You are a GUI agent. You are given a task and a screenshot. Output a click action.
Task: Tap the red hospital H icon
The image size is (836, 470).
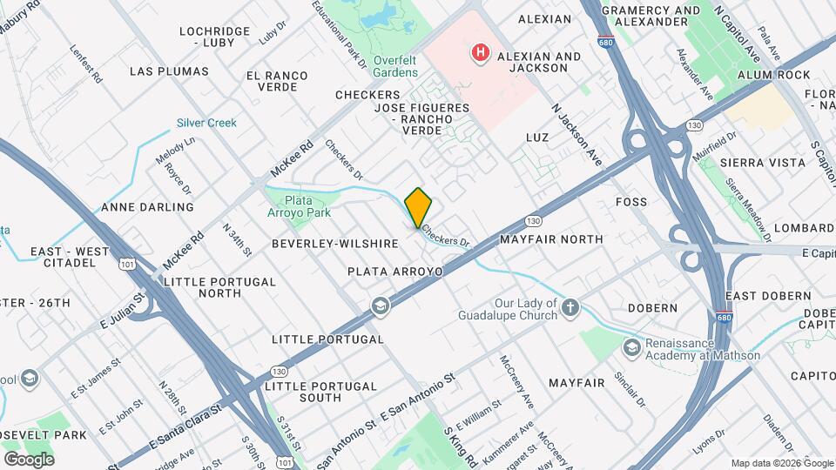[479, 54]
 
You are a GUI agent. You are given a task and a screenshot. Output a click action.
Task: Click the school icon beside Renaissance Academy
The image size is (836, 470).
[630, 348]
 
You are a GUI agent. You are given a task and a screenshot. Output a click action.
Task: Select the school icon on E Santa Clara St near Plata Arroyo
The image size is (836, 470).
[380, 305]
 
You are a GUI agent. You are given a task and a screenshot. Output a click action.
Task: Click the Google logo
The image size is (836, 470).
[29, 459]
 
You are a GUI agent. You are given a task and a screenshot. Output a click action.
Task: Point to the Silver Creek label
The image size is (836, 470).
[206, 123]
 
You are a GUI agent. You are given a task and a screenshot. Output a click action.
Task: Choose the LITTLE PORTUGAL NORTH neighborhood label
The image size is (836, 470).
[219, 287]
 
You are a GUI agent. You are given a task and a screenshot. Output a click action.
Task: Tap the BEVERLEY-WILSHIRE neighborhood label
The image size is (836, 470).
[334, 244]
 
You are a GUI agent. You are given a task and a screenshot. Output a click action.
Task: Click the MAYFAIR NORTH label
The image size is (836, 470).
[551, 238]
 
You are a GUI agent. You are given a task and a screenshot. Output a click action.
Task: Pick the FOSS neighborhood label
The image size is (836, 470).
[631, 202]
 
